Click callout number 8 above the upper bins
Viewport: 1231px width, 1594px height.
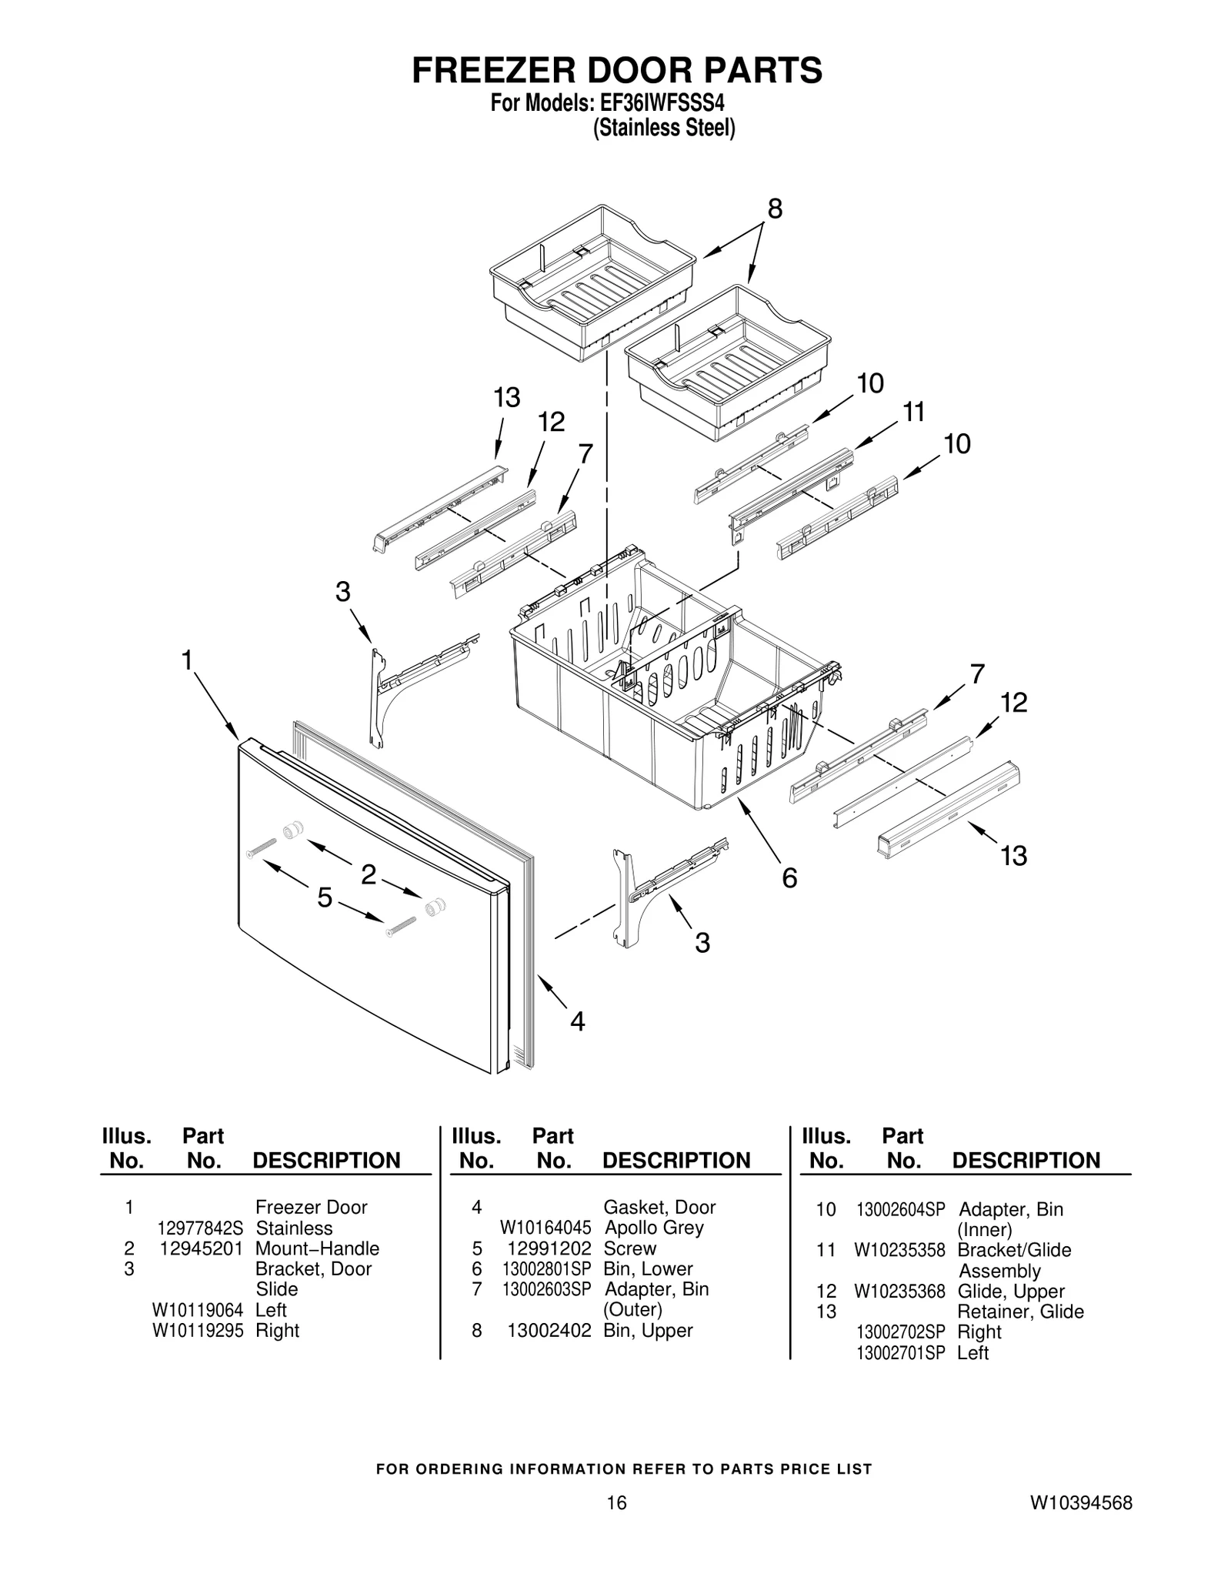(775, 209)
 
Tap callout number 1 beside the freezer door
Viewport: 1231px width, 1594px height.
(186, 660)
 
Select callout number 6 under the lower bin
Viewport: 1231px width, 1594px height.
(789, 877)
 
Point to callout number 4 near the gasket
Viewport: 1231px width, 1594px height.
(577, 1021)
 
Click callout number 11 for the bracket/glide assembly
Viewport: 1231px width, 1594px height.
(913, 413)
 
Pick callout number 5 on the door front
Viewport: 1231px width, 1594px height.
(325, 897)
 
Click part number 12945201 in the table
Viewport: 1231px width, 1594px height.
(201, 1248)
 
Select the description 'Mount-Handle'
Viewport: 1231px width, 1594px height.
(317, 1248)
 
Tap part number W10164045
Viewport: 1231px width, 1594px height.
(545, 1228)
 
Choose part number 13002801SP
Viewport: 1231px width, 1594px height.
(546, 1269)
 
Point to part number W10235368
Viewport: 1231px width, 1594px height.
(899, 1292)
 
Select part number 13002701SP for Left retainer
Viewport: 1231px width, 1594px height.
(900, 1352)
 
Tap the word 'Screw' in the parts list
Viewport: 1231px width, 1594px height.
(629, 1248)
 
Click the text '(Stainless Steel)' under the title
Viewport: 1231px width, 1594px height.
(663, 128)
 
